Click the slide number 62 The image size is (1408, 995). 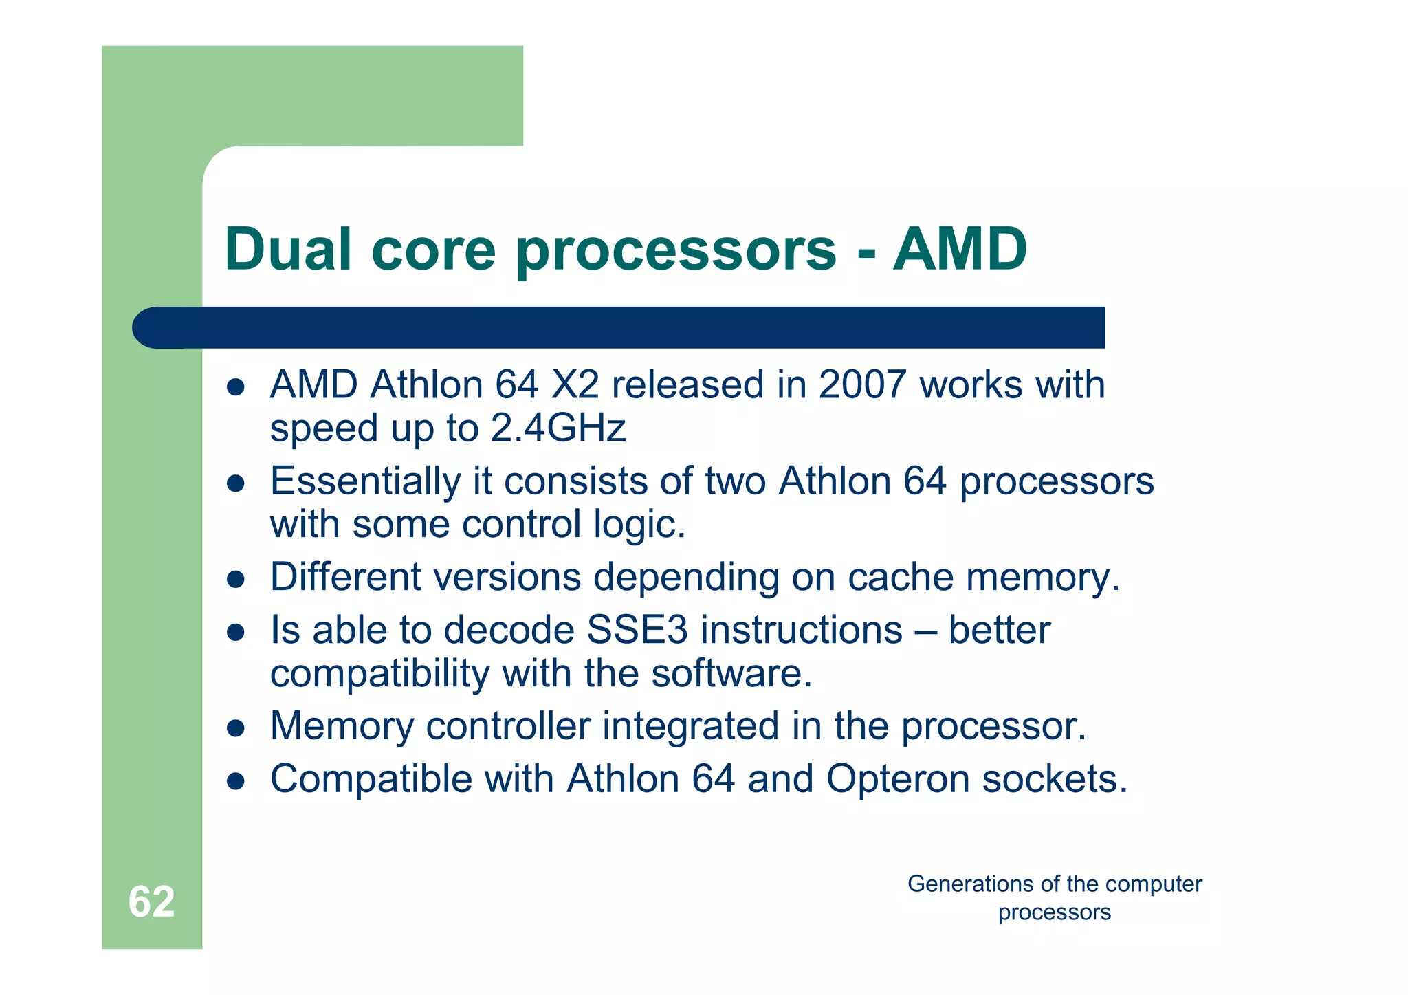[x=151, y=901]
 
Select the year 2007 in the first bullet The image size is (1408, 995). [x=862, y=384]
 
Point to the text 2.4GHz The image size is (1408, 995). [x=558, y=428]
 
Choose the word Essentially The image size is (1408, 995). [x=365, y=481]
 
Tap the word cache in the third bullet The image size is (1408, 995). [x=901, y=577]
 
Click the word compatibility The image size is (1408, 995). [x=379, y=674]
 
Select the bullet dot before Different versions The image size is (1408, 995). [x=236, y=580]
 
